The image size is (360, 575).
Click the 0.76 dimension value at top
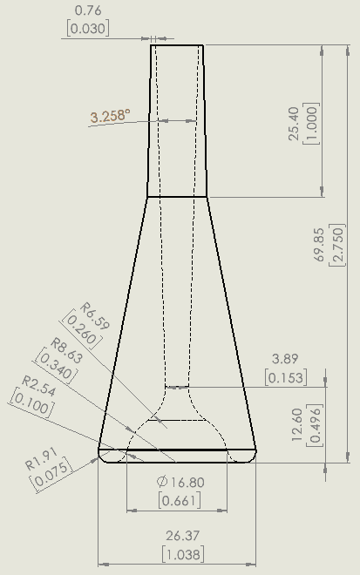point(86,10)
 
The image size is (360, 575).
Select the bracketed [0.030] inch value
point(86,28)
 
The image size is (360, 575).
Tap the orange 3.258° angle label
point(109,116)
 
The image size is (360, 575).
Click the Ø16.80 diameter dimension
point(180,481)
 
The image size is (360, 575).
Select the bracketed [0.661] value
point(180,500)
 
